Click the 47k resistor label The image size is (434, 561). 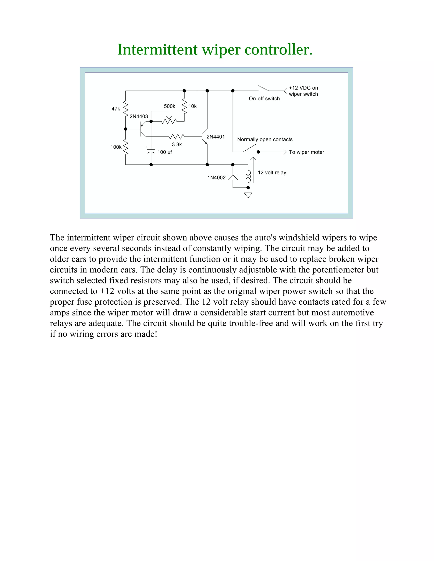coord(116,109)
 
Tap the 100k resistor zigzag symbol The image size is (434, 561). coord(126,147)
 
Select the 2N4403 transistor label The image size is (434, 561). coord(139,116)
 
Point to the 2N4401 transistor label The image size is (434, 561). coord(216,137)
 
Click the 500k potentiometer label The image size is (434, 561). coord(170,106)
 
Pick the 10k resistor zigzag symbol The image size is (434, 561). coord(184,106)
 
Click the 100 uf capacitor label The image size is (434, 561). coord(164,152)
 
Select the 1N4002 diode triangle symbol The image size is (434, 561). coord(233,177)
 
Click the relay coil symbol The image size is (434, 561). coord(248,176)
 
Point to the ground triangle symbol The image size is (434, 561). coord(248,195)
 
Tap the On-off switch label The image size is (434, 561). coord(264,99)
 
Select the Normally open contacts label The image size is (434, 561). coord(265,140)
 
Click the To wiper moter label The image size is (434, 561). coord(306,152)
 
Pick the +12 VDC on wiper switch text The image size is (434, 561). coord(303,91)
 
